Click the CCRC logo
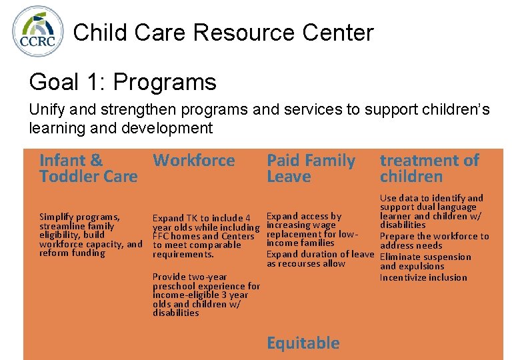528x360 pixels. (38, 31)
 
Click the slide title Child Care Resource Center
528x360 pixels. (223, 32)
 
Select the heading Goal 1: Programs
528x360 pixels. (123, 82)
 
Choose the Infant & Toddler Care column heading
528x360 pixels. (88, 169)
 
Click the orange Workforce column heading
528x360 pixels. (194, 161)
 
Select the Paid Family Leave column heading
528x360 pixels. (311, 169)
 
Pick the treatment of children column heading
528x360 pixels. (429, 169)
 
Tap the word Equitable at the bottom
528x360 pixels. (303, 343)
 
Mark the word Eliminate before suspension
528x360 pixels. (402, 257)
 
